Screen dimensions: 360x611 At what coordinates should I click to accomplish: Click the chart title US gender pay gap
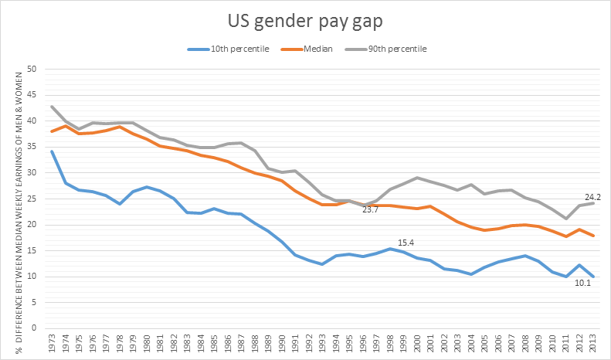(305, 21)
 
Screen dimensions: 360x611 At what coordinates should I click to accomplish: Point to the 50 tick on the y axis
(32, 70)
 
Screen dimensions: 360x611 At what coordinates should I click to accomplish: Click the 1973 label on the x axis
(53, 344)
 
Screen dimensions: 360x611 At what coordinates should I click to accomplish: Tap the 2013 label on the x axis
(592, 344)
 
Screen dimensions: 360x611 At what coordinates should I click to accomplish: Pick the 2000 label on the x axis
(416, 344)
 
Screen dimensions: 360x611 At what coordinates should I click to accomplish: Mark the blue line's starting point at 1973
(52, 151)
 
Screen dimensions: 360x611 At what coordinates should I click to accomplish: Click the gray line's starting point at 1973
(52, 107)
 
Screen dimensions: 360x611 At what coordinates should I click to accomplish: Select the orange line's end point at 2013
(592, 236)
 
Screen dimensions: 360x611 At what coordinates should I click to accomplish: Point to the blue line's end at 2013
(592, 276)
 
